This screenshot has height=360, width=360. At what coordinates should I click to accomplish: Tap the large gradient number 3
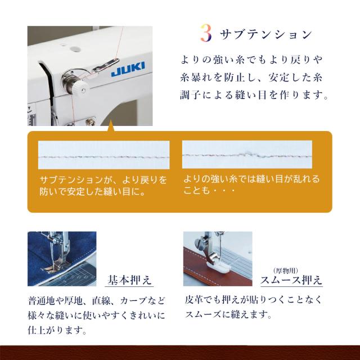coord(206,33)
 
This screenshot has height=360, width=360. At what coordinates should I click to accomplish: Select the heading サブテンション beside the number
coord(265,34)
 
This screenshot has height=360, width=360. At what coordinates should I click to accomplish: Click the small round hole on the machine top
coord(75,49)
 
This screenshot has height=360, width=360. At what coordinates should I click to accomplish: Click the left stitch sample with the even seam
coord(103,155)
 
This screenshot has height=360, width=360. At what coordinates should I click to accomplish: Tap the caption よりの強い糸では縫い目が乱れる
coord(251,179)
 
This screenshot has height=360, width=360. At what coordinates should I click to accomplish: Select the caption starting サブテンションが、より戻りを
coord(103,180)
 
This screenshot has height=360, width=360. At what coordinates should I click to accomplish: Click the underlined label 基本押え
coord(129,280)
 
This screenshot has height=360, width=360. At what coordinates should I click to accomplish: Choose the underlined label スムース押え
coord(291,280)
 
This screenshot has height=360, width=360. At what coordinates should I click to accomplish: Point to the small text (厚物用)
coord(286,271)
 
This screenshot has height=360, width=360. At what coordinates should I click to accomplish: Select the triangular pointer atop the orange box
coord(111,125)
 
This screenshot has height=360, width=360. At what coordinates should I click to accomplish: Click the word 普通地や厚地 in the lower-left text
coord(55,301)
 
